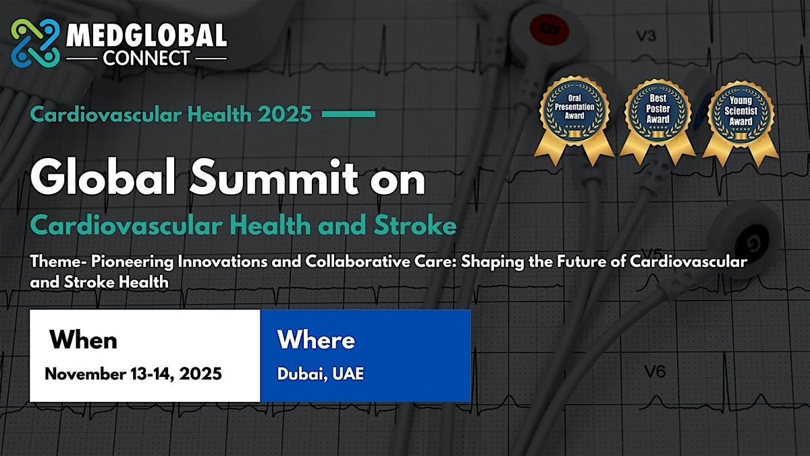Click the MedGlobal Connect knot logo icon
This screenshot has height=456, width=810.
click(x=35, y=43)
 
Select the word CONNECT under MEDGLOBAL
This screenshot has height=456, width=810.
click(x=146, y=58)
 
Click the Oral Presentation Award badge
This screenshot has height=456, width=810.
click(x=574, y=120)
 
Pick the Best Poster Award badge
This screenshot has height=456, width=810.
click(x=657, y=121)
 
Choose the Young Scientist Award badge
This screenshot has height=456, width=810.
click(x=740, y=122)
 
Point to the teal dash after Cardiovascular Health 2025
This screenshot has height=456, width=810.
click(x=348, y=114)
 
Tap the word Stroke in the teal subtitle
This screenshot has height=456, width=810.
click(x=415, y=225)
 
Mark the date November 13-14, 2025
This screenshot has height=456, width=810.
click(x=133, y=374)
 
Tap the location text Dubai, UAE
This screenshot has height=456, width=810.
click(x=321, y=374)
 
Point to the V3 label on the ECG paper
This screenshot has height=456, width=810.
click(x=646, y=36)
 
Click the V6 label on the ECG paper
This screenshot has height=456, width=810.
click(x=655, y=372)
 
